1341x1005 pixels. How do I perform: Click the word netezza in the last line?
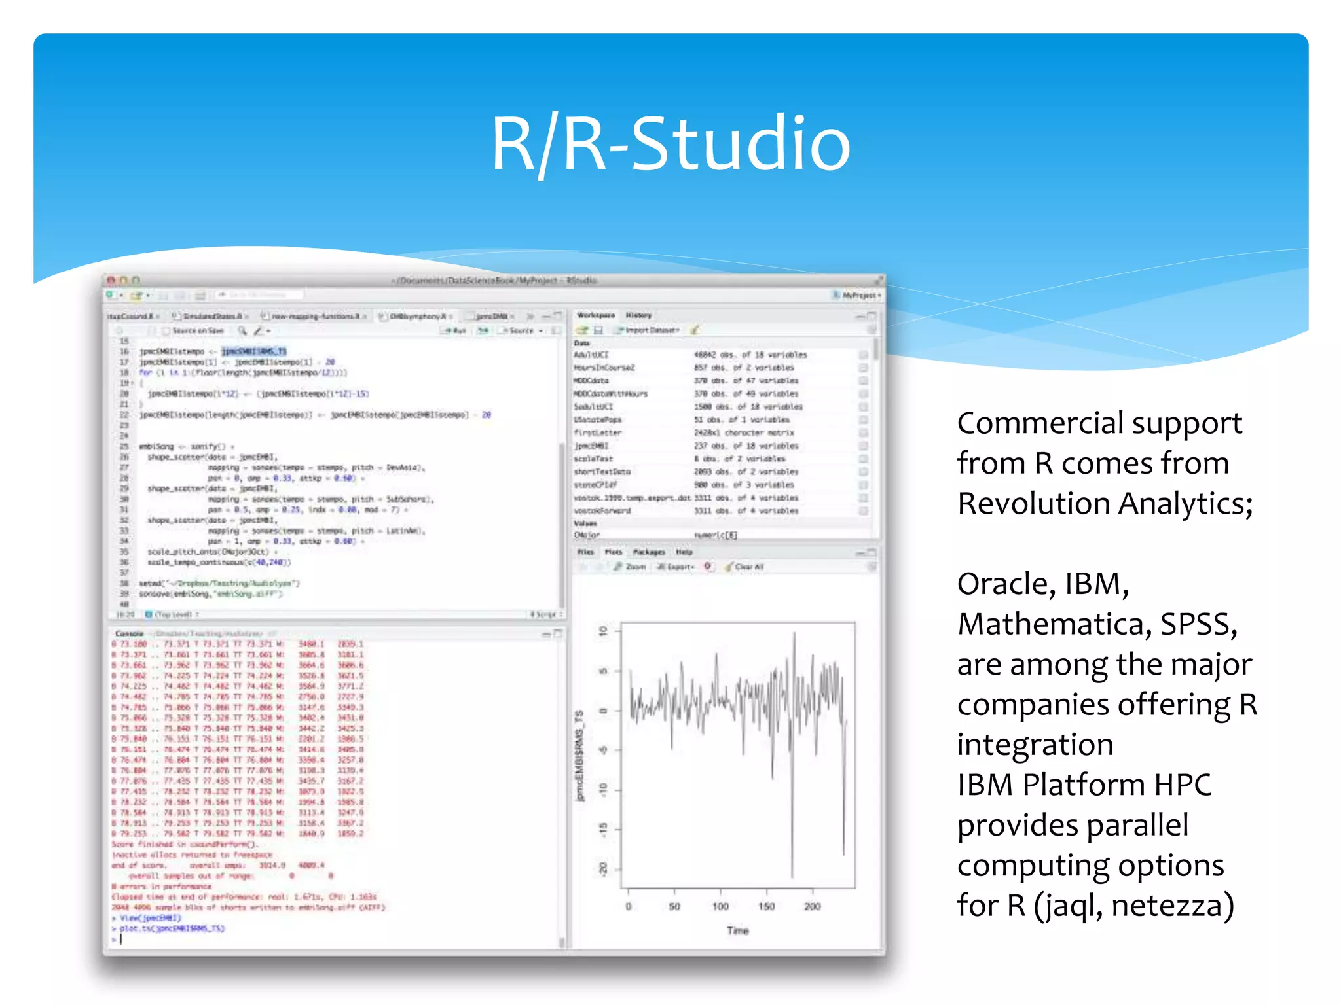pyautogui.click(x=1172, y=906)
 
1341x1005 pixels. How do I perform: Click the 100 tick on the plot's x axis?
pyautogui.click(x=720, y=906)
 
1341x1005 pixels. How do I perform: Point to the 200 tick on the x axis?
pyautogui.click(x=812, y=906)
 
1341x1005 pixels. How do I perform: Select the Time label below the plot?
pyautogui.click(x=738, y=930)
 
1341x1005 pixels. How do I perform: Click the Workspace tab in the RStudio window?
pyautogui.click(x=595, y=315)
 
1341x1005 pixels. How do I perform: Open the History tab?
pyautogui.click(x=638, y=315)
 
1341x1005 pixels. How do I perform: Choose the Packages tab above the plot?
pyautogui.click(x=648, y=552)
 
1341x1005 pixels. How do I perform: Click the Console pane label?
pyautogui.click(x=129, y=633)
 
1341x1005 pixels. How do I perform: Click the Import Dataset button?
pyautogui.click(x=652, y=330)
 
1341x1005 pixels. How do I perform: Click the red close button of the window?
pyautogui.click(x=111, y=281)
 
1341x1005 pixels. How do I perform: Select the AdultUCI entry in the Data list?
pyautogui.click(x=591, y=355)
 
